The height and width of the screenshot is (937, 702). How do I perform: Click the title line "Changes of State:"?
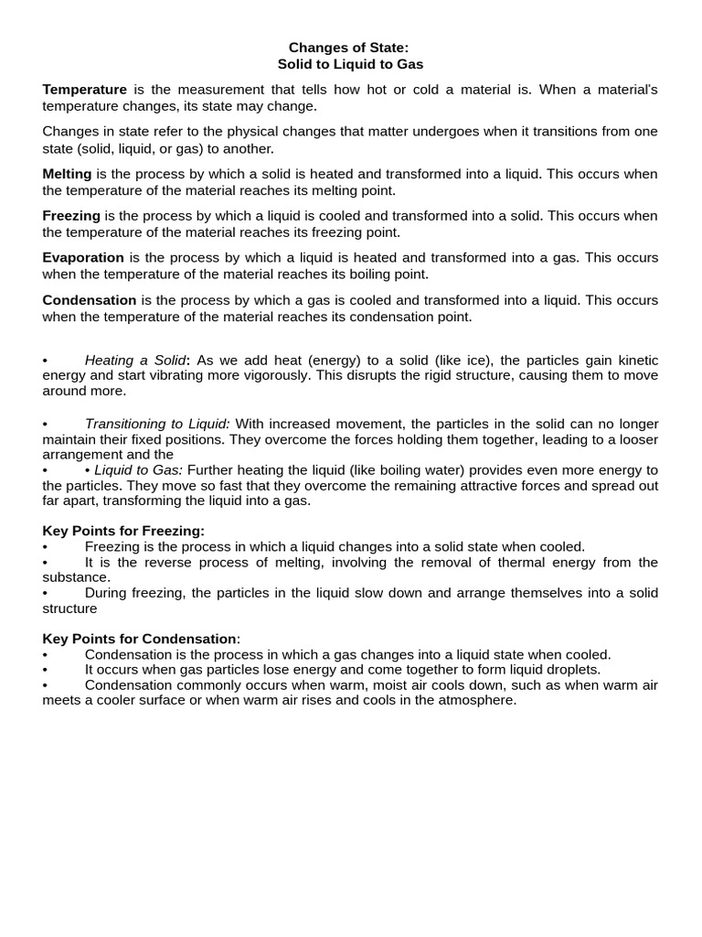[x=350, y=48]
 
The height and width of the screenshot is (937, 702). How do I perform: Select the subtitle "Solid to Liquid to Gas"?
[x=350, y=64]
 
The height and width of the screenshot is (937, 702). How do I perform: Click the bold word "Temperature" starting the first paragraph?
[x=85, y=90]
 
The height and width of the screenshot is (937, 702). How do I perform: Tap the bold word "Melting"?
[x=67, y=174]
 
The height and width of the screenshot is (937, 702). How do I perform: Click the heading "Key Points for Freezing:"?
[x=123, y=531]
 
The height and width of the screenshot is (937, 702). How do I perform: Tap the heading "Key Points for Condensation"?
[x=140, y=639]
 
